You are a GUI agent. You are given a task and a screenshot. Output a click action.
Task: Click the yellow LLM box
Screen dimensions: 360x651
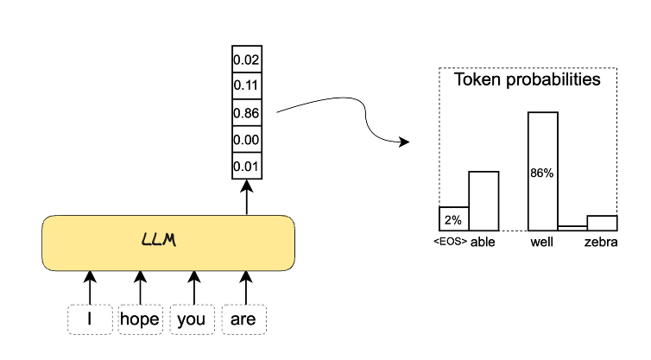click(168, 242)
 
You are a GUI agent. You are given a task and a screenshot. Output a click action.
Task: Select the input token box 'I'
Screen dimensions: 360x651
click(90, 319)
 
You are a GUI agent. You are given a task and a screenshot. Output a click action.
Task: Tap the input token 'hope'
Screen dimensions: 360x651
click(140, 319)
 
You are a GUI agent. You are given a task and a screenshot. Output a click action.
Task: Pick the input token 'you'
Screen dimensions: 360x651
click(192, 319)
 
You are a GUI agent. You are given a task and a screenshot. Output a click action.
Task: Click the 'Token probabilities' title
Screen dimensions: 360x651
click(528, 80)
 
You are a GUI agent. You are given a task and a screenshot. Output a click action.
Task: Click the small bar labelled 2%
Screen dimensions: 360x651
click(453, 218)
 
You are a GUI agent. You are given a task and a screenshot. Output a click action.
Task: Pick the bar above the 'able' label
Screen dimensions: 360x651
click(484, 200)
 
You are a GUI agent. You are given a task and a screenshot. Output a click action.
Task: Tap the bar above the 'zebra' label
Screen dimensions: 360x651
click(602, 223)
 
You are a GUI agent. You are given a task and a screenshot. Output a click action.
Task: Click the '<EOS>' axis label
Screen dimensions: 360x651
click(450, 243)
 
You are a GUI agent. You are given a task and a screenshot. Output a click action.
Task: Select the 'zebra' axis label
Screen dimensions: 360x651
click(601, 243)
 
